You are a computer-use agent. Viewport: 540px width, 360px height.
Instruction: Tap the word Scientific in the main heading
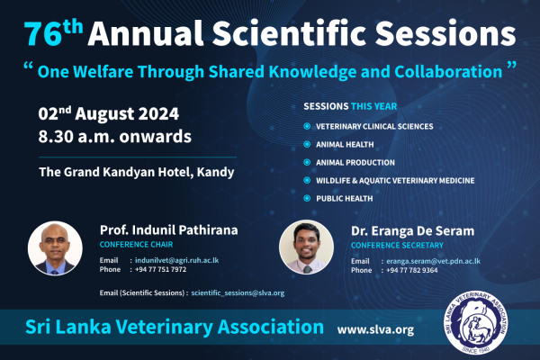289,33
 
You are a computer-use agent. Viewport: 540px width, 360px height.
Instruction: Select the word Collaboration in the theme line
448,72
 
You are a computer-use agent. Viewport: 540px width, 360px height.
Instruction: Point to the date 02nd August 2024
109,113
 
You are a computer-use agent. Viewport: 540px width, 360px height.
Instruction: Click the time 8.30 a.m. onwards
114,137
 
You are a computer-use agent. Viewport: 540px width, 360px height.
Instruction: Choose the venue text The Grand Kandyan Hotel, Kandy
137,172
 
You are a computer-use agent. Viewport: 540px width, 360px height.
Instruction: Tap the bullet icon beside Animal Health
307,144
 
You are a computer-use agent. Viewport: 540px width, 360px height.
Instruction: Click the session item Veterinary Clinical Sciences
374,126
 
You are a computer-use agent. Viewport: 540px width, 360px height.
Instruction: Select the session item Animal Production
355,163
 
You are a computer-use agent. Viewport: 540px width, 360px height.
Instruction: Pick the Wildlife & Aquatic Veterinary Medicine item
395,181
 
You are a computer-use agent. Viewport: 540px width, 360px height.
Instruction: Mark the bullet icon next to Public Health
307,198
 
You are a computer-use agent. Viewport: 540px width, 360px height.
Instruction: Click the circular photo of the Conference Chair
55,248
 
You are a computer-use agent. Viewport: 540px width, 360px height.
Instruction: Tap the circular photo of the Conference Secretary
307,247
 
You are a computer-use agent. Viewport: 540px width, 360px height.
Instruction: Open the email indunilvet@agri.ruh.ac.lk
176,260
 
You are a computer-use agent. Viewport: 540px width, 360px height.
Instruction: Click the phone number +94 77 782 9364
412,270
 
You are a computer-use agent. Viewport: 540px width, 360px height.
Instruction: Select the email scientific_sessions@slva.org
238,292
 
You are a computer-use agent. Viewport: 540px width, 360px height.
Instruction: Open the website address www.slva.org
375,329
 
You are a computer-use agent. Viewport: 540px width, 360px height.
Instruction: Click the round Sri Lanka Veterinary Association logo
476,322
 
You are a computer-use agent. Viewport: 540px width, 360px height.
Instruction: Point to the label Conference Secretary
397,246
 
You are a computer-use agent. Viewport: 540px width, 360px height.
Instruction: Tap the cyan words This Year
374,106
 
